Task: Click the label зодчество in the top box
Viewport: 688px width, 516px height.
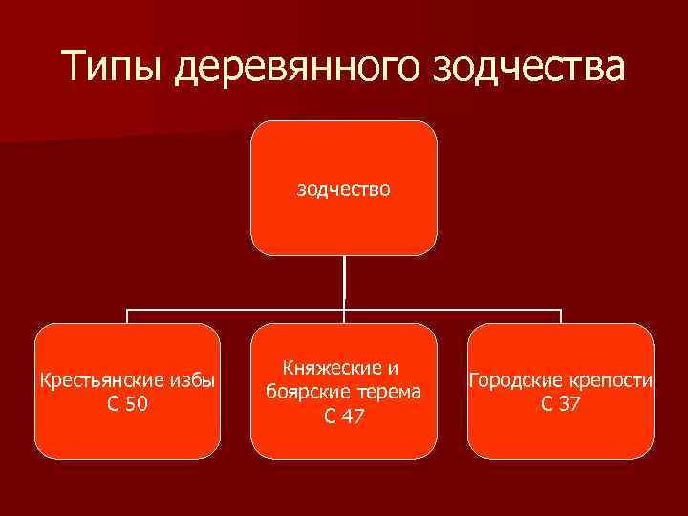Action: tap(343, 189)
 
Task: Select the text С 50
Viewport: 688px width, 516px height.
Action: tap(127, 404)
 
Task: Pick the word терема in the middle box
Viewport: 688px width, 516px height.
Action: tap(390, 391)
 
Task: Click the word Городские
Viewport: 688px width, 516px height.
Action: tap(513, 381)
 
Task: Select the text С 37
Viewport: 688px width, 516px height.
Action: tap(561, 404)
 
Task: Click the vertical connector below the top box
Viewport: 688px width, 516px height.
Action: tap(344, 282)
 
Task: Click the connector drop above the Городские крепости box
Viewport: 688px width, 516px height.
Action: tap(561, 316)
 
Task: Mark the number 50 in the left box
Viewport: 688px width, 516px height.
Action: tap(137, 404)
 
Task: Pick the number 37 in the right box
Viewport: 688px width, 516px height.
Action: tap(570, 404)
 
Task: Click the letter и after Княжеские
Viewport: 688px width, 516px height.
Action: tap(392, 368)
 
